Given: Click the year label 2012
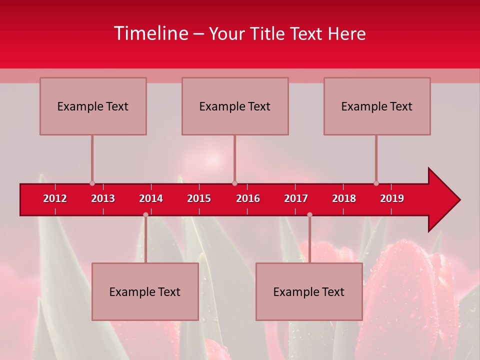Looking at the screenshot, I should (55, 198).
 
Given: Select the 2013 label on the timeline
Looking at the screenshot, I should (103, 198).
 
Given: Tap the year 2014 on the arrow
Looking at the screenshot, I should (151, 198).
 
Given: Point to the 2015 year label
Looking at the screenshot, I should (199, 198).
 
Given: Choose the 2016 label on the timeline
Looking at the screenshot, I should (248, 198).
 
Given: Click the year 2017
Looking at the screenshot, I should (296, 198).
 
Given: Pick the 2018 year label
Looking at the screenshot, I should (344, 198).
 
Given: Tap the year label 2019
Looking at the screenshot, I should (392, 198).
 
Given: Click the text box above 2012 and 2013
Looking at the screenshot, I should (93, 106).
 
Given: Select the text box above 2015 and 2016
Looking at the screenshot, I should (235, 106).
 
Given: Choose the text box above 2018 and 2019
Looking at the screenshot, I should (377, 106).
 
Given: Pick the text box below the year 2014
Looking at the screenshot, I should (145, 291).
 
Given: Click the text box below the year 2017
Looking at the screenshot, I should (309, 291).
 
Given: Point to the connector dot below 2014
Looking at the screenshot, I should (145, 215).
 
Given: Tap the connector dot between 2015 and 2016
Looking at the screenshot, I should (235, 183).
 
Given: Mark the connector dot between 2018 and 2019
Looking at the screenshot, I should (376, 183).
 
